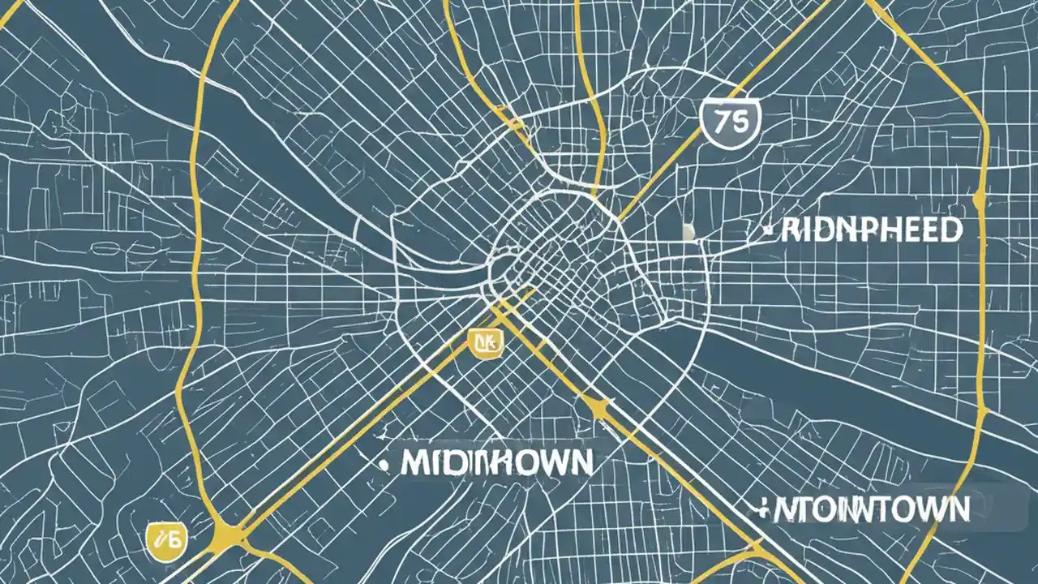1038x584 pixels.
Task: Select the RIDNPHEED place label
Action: [872, 230]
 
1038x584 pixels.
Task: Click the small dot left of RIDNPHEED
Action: [767, 231]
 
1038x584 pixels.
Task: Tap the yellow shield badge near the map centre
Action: [487, 342]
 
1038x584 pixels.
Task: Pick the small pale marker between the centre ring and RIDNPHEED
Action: [689, 233]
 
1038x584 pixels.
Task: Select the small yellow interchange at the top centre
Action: [516, 123]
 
